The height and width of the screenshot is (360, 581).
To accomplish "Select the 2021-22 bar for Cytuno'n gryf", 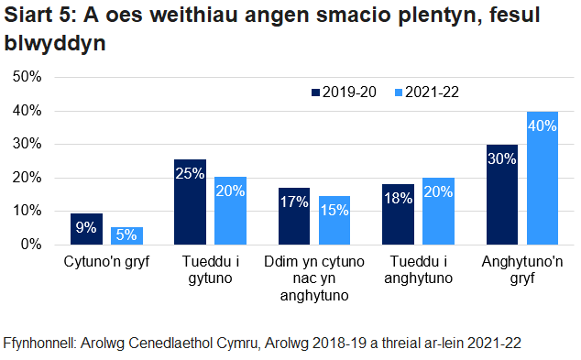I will point(126,235).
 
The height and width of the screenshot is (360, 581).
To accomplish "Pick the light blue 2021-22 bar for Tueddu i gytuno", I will point(230,211).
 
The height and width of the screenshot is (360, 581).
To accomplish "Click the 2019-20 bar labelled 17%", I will point(294,216).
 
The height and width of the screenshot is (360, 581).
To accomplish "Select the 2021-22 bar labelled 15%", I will point(334,220).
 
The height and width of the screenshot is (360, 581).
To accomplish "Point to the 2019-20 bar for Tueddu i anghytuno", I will point(398,214).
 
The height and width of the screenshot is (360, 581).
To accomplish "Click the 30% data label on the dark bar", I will point(502,158).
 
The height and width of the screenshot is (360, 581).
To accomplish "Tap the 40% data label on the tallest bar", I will point(542,125).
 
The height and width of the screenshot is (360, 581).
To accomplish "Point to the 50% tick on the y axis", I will point(27,77).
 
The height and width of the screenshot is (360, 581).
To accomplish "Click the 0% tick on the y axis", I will point(31,245).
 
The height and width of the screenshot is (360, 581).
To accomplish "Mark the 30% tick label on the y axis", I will point(27,144).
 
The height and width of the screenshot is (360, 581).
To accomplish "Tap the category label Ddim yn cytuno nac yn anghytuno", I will point(313,279).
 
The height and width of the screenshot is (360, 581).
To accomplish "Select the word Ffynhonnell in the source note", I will point(40,343).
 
